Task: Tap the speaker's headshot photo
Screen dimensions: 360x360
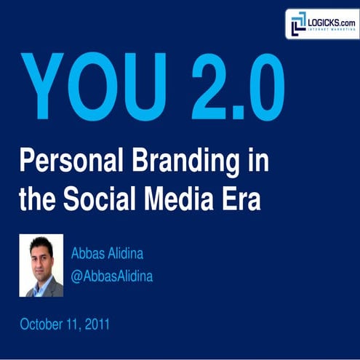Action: click(41, 265)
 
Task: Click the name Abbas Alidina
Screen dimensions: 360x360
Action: click(107, 254)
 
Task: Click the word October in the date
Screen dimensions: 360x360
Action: click(43, 324)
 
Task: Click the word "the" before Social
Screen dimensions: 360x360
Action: click(36, 199)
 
